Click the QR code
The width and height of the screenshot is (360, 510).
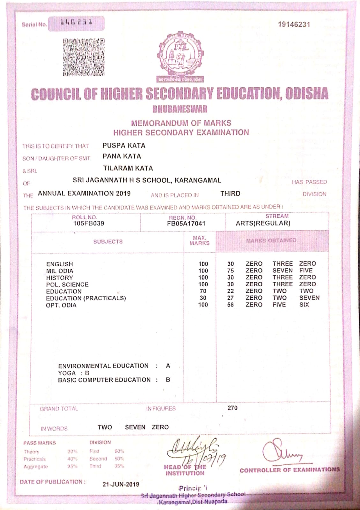[x=84, y=57]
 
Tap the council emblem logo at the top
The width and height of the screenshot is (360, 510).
[x=180, y=55]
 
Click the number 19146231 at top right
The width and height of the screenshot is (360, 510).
[x=294, y=25]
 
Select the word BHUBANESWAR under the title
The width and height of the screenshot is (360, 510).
[x=180, y=109]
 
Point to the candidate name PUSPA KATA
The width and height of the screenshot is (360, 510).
[x=124, y=146]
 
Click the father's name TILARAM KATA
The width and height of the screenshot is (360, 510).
[x=128, y=168]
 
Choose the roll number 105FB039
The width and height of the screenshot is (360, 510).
[x=89, y=223]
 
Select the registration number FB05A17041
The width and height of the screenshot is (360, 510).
[x=186, y=223]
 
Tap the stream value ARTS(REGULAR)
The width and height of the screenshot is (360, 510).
[x=263, y=223]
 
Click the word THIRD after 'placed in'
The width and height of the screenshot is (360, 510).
[x=230, y=193]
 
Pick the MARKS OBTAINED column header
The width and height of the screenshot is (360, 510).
[x=271, y=240]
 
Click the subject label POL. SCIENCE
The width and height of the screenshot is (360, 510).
[x=67, y=284]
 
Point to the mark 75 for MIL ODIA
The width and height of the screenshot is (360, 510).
[x=231, y=271]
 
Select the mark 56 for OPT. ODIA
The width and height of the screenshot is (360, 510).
[x=231, y=305]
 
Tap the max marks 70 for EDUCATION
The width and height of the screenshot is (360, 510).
[x=203, y=291]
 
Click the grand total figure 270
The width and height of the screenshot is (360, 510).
[x=232, y=408]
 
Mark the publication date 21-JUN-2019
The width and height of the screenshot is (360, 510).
[x=121, y=484]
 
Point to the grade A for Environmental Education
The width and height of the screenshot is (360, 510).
[x=168, y=366]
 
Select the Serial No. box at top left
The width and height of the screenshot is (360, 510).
[x=76, y=24]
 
